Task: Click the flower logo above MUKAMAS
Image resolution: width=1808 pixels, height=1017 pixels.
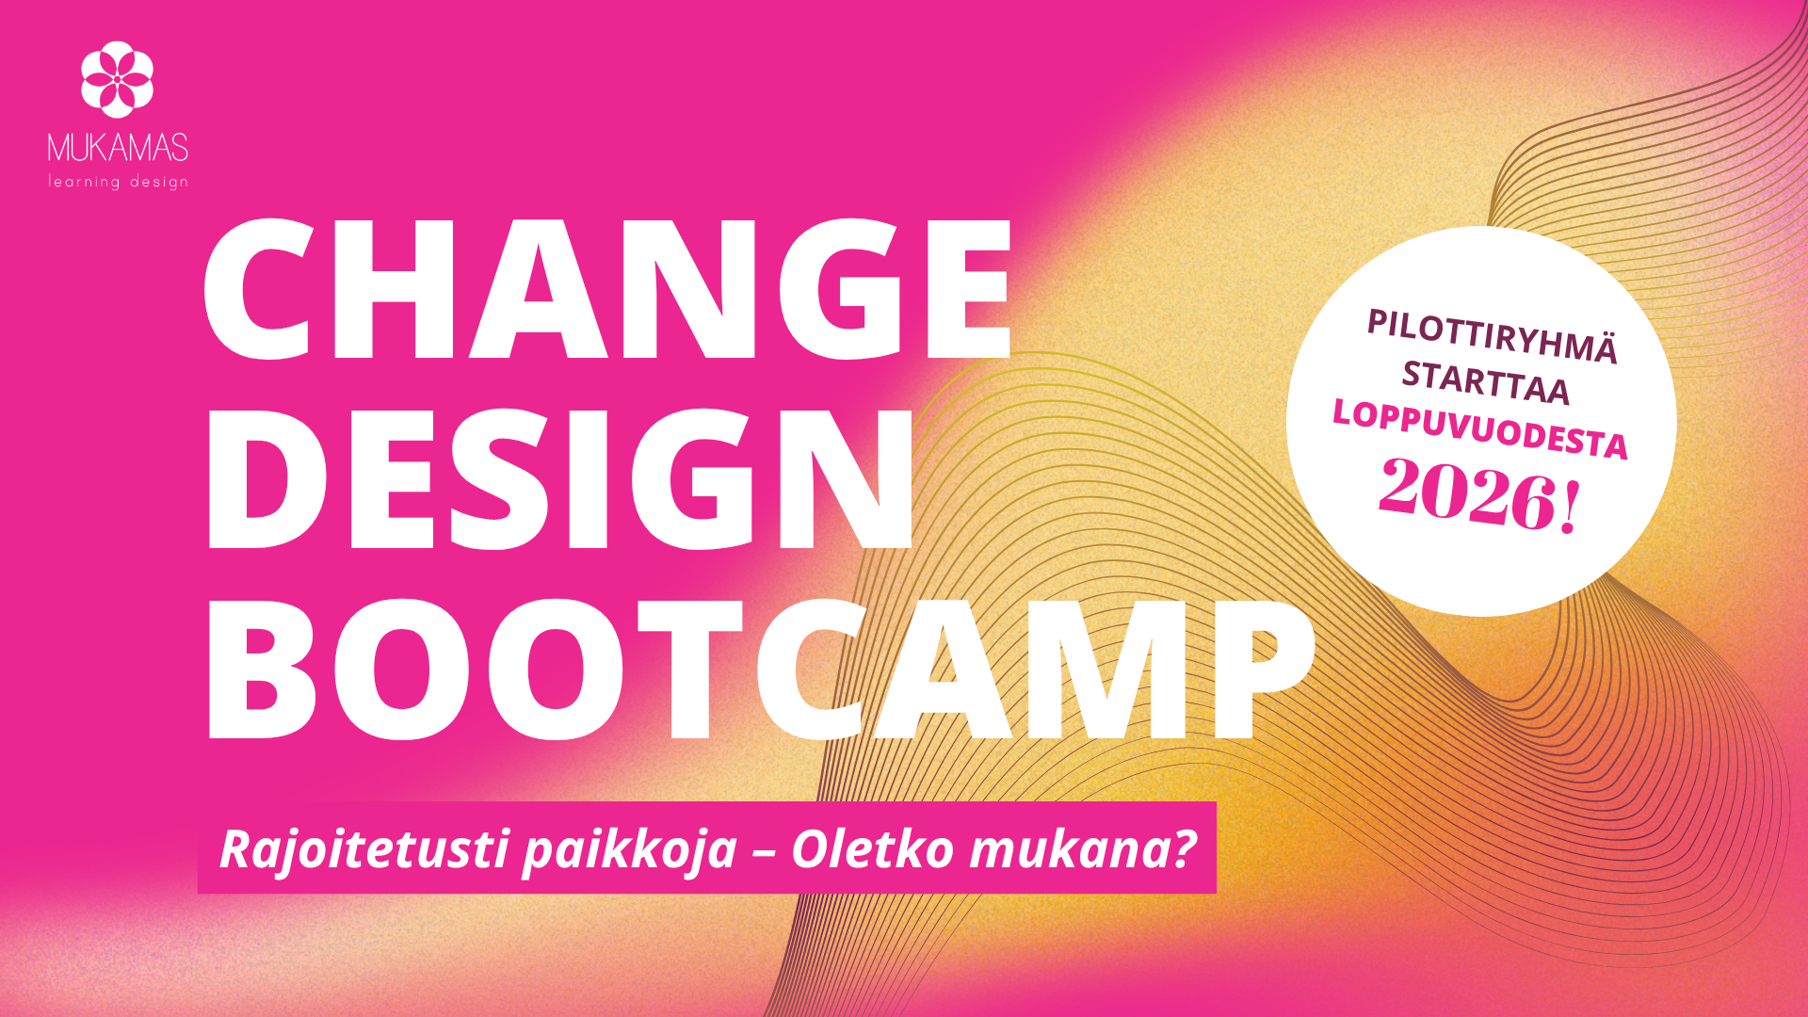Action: tap(117, 79)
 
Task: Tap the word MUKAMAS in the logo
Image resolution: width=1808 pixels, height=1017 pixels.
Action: tap(118, 148)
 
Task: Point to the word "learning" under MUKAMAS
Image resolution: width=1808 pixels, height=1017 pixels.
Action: tap(85, 181)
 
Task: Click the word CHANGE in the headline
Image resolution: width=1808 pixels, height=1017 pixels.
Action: tap(608, 289)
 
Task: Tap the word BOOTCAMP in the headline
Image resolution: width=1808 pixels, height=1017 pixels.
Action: tap(759, 668)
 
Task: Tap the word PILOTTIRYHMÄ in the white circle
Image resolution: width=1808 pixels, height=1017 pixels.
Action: tap(1493, 335)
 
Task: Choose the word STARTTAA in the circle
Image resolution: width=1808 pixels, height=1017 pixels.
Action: tap(1486, 381)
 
